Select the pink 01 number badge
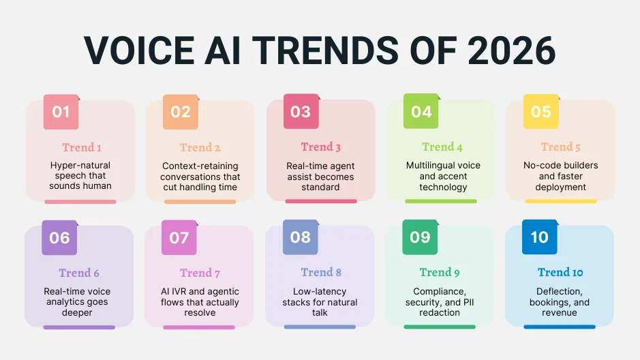pyautogui.click(x=61, y=111)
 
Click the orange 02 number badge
pyautogui.click(x=181, y=111)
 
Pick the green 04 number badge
pyautogui.click(x=421, y=111)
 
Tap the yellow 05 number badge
pyautogui.click(x=540, y=111)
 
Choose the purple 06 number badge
pyautogui.click(x=59, y=237)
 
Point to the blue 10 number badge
pyautogui.click(x=539, y=237)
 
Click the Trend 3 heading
pyautogui.click(x=320, y=147)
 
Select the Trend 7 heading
pyautogui.click(x=200, y=273)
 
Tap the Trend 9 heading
pyautogui.click(x=440, y=273)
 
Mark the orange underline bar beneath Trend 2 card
pyautogui.click(x=200, y=202)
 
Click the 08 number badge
pyautogui.click(x=301, y=237)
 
